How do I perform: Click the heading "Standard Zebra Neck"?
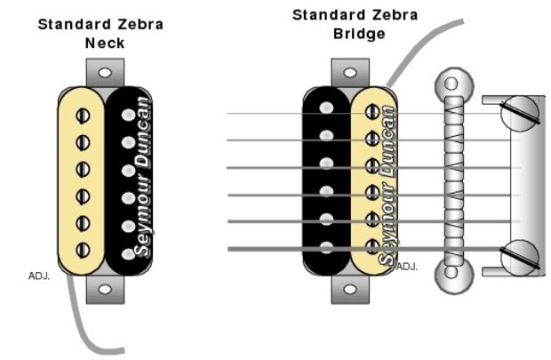100,33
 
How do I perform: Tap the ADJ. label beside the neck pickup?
39,276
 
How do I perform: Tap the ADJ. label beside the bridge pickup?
406,266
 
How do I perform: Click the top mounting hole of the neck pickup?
105,71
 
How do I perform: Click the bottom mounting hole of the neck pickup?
105,289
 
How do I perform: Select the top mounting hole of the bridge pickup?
349,71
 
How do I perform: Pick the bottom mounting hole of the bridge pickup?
349,289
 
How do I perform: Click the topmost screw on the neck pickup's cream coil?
84,115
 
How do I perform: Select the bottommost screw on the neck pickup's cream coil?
84,249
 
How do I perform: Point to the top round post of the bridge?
451,85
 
